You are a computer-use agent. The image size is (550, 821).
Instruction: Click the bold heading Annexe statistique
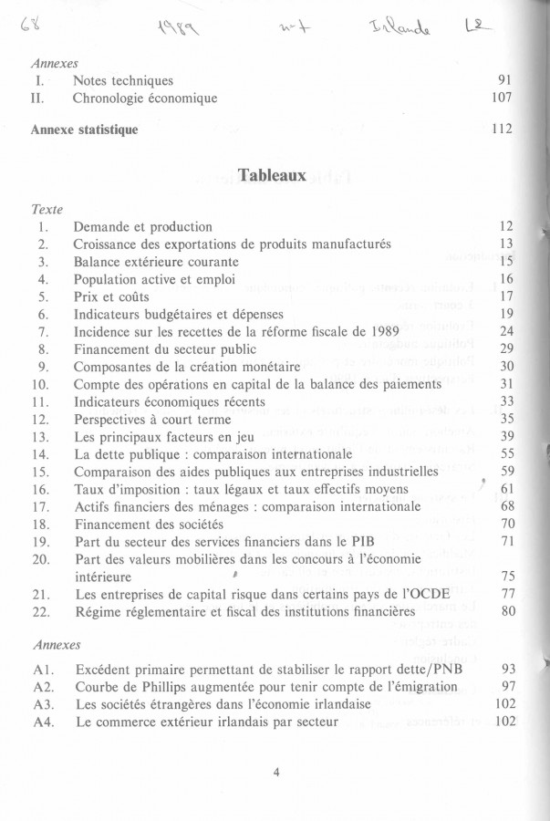coord(84,130)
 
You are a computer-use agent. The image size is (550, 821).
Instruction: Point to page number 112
coord(501,130)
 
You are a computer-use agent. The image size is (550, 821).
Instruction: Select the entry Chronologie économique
coord(145,98)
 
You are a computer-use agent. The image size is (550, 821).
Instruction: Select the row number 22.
coord(39,610)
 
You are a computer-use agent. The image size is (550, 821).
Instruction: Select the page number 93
coord(508,669)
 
